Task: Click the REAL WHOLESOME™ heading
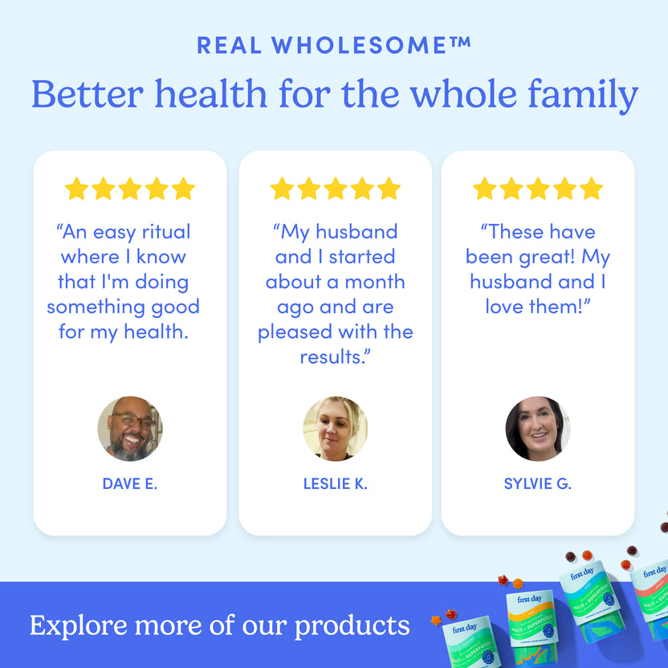click(x=334, y=45)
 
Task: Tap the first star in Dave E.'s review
click(x=76, y=189)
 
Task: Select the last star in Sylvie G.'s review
click(x=591, y=189)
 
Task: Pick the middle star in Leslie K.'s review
click(x=335, y=189)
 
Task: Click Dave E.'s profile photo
click(x=130, y=429)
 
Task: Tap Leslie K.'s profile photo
click(x=335, y=429)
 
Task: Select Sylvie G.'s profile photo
click(x=537, y=429)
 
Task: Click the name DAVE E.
click(x=130, y=483)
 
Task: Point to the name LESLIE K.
click(x=335, y=483)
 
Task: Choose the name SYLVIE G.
click(x=537, y=483)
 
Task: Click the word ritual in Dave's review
click(x=166, y=232)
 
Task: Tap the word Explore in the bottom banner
click(x=77, y=625)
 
